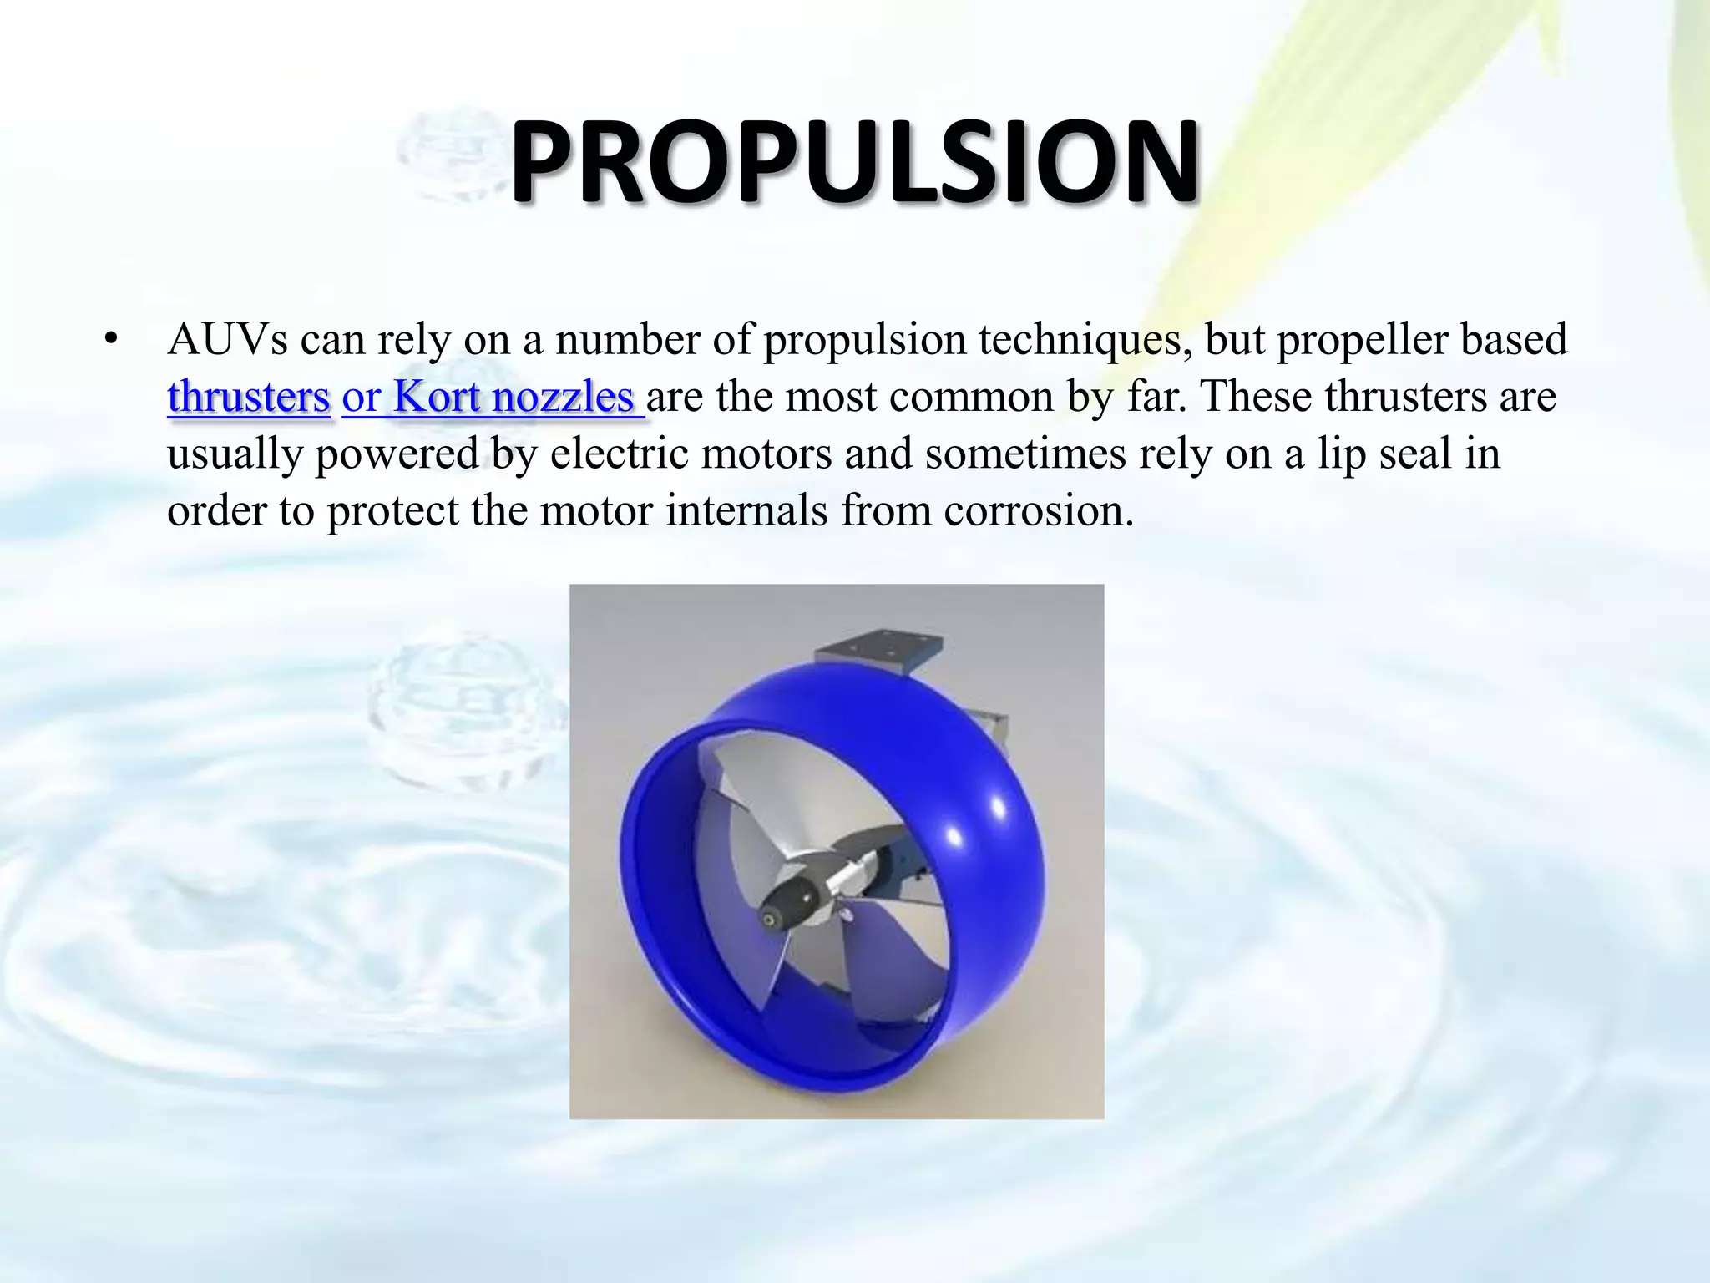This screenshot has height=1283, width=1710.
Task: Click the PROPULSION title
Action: click(854, 163)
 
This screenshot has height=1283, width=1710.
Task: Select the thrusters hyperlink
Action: click(249, 397)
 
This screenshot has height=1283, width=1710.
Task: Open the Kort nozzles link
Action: click(493, 397)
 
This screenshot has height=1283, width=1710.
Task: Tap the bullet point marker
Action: click(110, 340)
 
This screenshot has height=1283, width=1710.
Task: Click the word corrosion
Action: click(1039, 510)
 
